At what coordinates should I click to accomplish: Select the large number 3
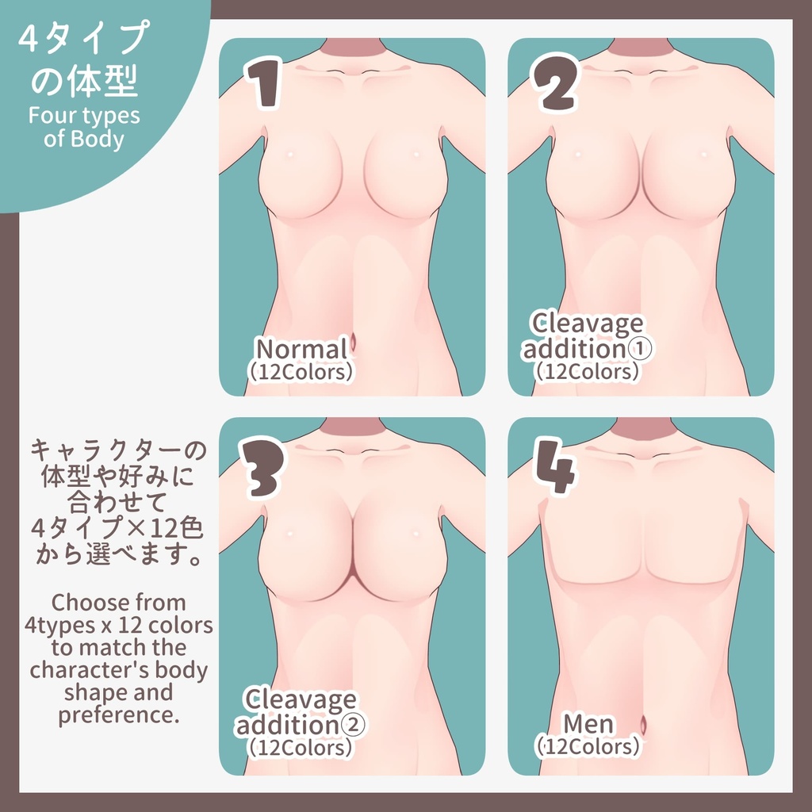(262, 468)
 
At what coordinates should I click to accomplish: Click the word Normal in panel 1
(301, 349)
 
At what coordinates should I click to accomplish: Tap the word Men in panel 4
(588, 723)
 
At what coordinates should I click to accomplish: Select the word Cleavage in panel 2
(588, 323)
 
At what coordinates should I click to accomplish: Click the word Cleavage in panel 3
(301, 699)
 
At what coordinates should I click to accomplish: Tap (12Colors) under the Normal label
(301, 372)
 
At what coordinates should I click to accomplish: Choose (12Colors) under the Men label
(588, 746)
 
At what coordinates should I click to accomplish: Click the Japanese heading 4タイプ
(84, 40)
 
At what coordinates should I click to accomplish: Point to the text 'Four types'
(84, 116)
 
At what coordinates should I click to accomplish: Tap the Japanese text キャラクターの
(118, 451)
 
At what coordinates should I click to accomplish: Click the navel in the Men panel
(642, 722)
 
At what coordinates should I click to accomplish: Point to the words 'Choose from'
(118, 602)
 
